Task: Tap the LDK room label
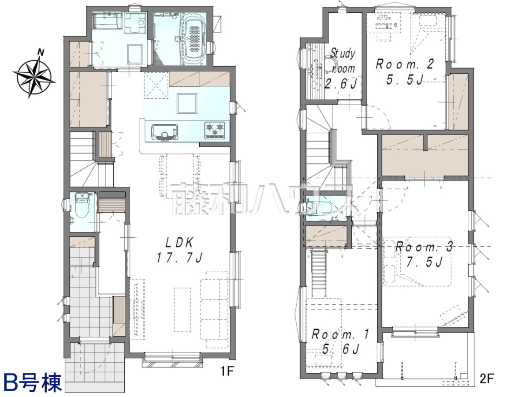[x=179, y=243]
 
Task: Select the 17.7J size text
[x=179, y=258]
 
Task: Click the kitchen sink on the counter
[x=165, y=132]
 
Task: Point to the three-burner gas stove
[x=215, y=131]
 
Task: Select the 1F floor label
[x=227, y=371]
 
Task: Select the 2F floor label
[x=487, y=378]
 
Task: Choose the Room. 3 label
[x=424, y=247]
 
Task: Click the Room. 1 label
[x=340, y=334]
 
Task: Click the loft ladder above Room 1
[x=319, y=273]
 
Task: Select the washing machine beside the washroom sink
[x=135, y=22]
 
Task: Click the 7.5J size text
[x=424, y=262]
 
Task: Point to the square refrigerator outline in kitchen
[x=187, y=103]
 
